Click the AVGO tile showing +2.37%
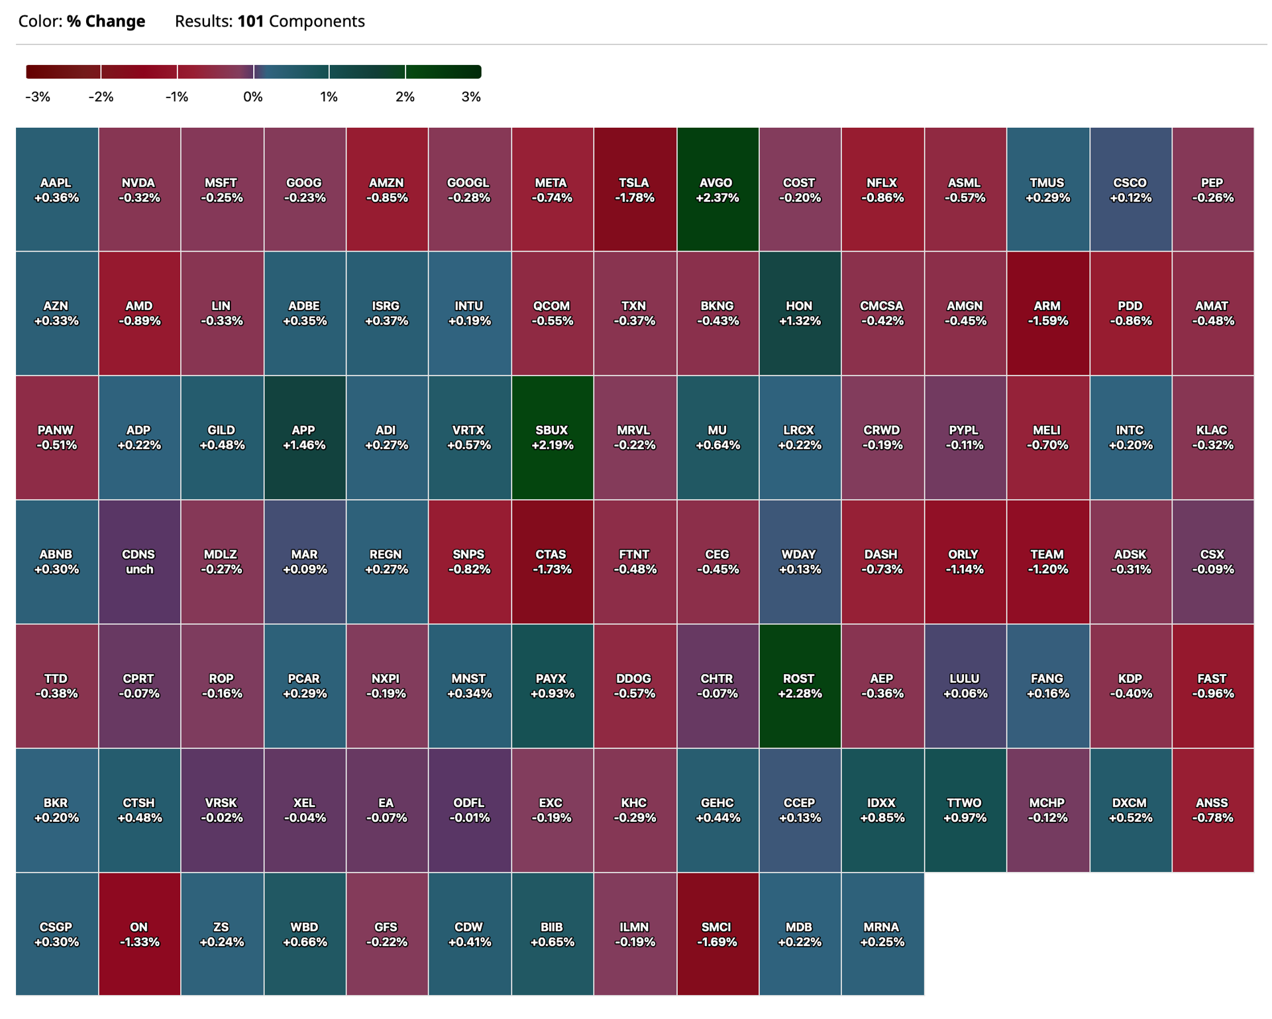(717, 189)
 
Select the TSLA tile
(635, 189)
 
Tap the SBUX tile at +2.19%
(553, 438)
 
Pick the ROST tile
(800, 686)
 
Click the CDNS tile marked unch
(139, 561)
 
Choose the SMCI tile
(717, 934)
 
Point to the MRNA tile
(882, 934)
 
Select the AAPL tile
(57, 189)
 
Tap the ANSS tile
(1213, 810)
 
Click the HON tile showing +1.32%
(800, 313)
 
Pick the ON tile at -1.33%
(139, 934)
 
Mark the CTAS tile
(553, 561)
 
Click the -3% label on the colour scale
(38, 97)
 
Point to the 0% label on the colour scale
(253, 97)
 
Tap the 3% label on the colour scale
(471, 97)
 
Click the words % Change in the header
(106, 21)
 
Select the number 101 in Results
(250, 21)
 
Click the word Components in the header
(317, 22)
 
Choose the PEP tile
(1213, 189)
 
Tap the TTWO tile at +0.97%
(965, 810)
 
